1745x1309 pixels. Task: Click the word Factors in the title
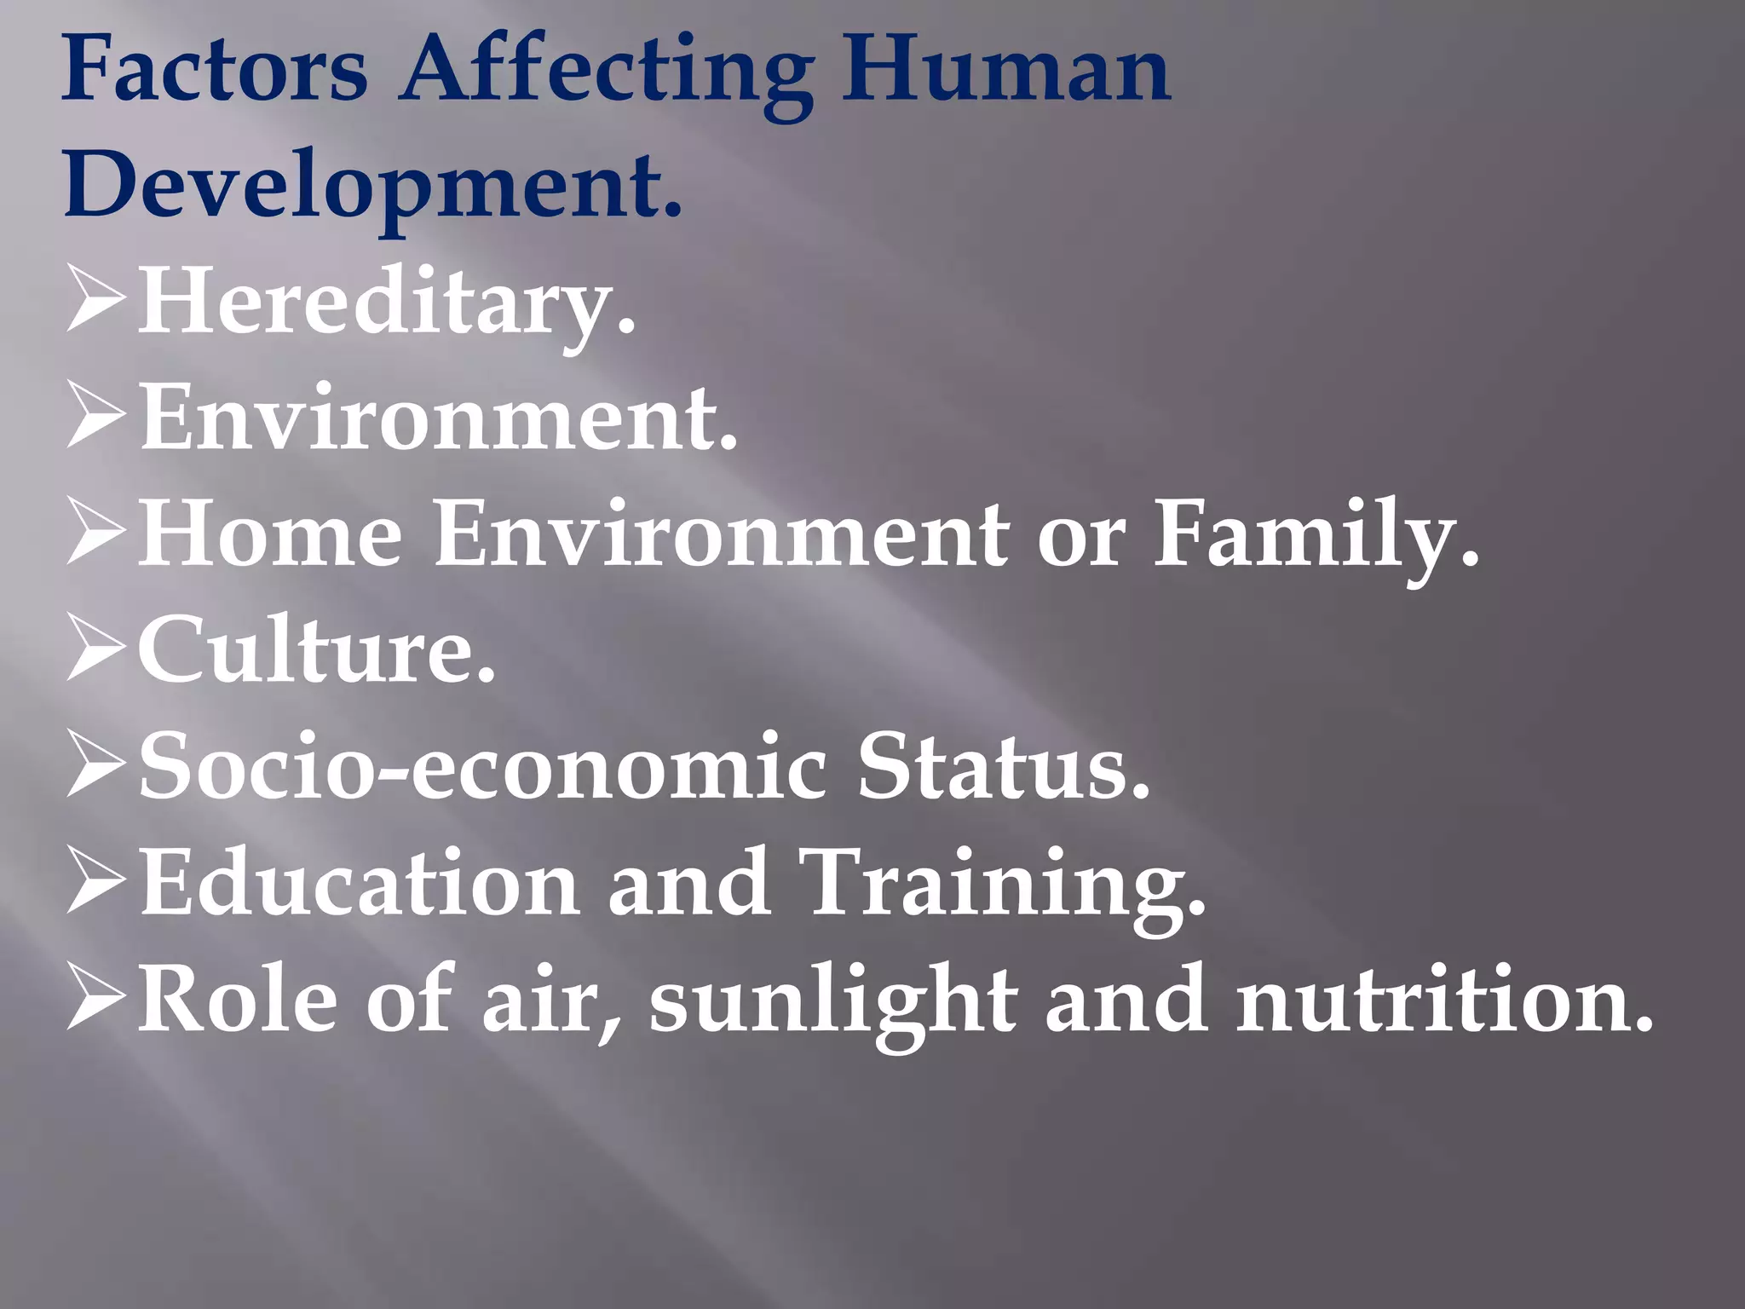(x=214, y=68)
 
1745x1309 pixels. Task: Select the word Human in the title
(x=1005, y=68)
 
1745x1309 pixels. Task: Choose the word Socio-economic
(x=482, y=767)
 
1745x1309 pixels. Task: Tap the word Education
(x=358, y=883)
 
